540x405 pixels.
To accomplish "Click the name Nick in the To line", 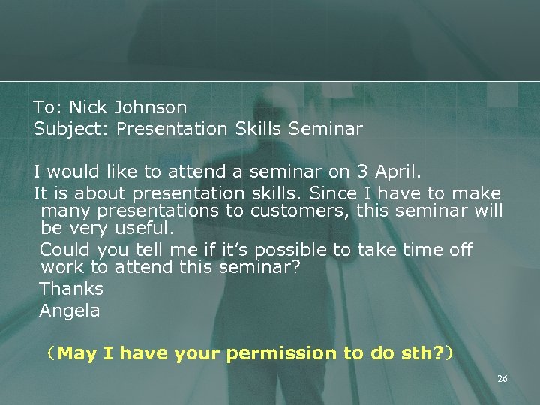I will pos(88,108).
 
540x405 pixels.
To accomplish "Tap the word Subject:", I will pos(73,129).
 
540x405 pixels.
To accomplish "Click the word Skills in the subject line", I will pos(258,129).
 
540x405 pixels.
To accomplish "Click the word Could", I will pos(64,250).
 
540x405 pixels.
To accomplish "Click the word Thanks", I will pos(71,288).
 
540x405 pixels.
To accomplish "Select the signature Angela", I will pos(70,310).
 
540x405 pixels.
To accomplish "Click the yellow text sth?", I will pos(421,352).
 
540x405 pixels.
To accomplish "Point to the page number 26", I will pos(502,379).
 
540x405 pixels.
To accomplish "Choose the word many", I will pos(64,211).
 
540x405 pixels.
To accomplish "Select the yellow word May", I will pos(76,352).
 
